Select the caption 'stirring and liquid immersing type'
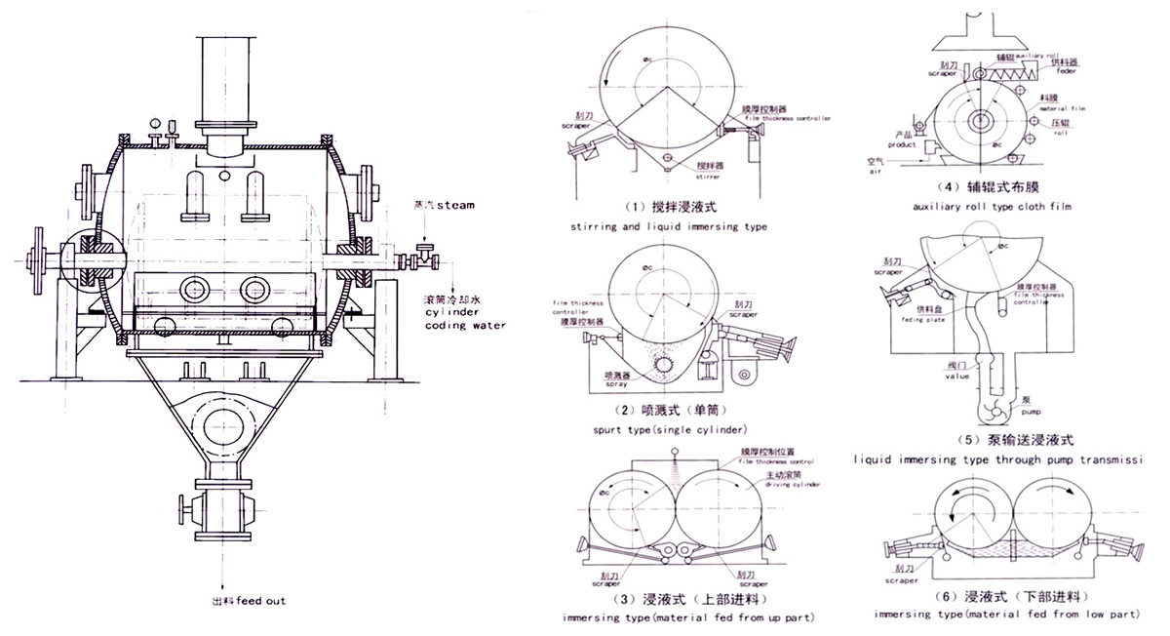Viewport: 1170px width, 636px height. (x=668, y=226)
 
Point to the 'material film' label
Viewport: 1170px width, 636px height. (x=1063, y=107)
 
